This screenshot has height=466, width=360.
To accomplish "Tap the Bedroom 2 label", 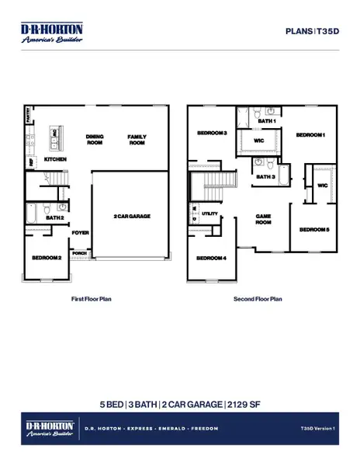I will (47, 257).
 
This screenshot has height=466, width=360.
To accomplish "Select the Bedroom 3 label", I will (211, 133).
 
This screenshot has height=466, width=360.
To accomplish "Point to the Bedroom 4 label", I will (211, 258).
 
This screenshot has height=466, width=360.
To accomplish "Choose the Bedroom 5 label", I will (314, 230).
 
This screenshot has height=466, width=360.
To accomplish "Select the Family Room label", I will (137, 139).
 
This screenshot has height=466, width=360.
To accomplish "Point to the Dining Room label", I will (95, 139).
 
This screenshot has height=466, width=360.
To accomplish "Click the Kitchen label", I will (54, 159).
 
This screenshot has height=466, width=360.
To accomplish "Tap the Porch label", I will (79, 252).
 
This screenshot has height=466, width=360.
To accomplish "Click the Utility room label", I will (209, 212).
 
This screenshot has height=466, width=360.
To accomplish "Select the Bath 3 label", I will (265, 177).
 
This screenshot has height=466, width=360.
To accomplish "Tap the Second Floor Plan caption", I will (258, 298).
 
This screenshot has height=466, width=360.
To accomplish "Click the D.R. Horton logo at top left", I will (51, 33).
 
